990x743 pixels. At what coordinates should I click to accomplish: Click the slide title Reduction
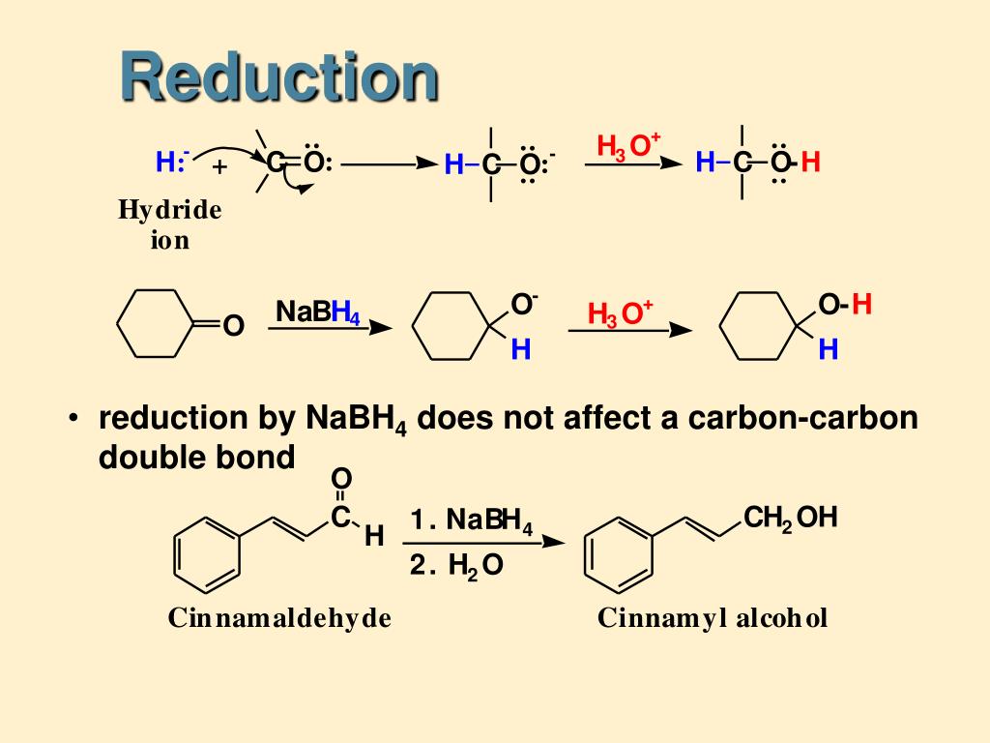pos(279,77)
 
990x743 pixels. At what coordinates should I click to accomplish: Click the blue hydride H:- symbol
pos(172,163)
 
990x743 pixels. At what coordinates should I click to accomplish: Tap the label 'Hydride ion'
pos(169,224)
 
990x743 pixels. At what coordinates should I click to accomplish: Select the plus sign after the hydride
pos(220,167)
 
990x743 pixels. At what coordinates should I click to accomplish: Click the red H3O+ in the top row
pos(628,146)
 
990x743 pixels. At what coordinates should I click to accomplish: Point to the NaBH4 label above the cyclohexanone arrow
pos(317,312)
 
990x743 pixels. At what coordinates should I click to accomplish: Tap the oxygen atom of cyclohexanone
pos(232,327)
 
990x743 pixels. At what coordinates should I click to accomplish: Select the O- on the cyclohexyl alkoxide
pos(523,305)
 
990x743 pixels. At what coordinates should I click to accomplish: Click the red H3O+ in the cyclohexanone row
pos(620,313)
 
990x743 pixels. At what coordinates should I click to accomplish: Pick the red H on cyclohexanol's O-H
pos(862,306)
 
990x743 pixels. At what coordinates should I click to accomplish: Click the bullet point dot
pos(73,420)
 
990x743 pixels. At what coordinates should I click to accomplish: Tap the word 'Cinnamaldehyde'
pos(279,618)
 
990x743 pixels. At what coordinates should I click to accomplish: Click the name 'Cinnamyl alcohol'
pos(713,618)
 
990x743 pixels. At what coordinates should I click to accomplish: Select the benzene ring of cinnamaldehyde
pos(206,555)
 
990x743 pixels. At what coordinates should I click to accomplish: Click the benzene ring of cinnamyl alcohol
pos(620,555)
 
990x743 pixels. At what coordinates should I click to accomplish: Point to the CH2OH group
pos(790,519)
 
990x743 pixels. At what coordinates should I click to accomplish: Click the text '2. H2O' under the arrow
pos(456,566)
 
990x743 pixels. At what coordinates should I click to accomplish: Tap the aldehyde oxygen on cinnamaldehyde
pos(341,479)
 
